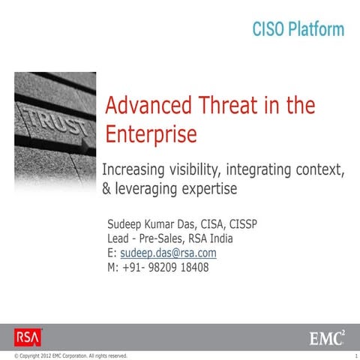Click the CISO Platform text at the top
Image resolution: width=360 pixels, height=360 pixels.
pos(298,30)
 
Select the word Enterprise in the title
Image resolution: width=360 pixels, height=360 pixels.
pos(151,134)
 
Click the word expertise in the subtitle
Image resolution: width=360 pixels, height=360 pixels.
pos(213,189)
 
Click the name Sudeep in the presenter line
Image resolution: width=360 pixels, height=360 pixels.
pos(127,224)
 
